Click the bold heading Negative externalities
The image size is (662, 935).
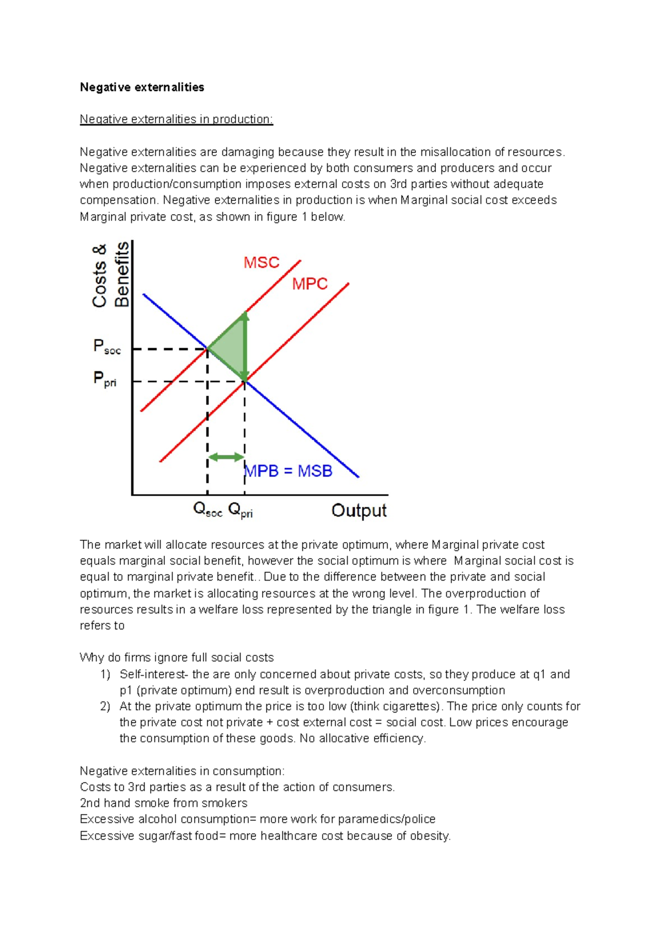coord(142,87)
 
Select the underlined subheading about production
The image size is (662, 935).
coord(176,119)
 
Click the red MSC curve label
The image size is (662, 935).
coord(261,263)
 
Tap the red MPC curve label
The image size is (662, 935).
coord(309,284)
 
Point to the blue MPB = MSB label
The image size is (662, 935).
coord(289,471)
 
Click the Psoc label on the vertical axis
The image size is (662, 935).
coord(106,347)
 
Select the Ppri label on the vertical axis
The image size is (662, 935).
coord(104,379)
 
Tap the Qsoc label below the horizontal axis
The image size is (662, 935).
coord(207,510)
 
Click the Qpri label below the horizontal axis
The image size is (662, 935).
coord(240,510)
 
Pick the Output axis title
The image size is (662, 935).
coord(359,511)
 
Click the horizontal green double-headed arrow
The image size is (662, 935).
coord(226,457)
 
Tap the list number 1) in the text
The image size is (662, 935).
coord(105,674)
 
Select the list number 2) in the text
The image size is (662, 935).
coord(105,706)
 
